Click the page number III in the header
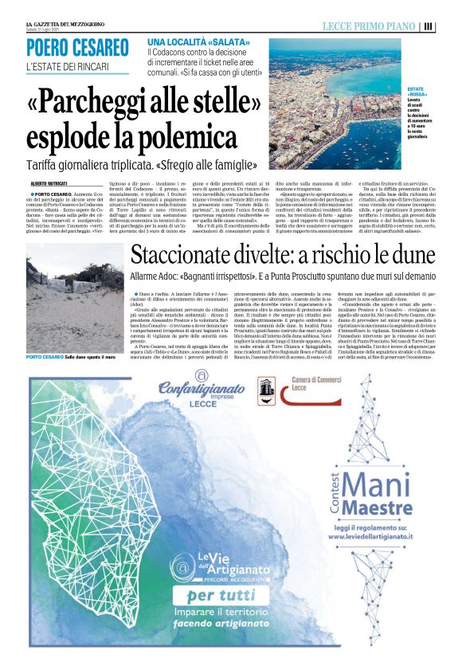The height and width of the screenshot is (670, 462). (x=429, y=26)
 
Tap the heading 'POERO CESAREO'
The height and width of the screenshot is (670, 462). (x=77, y=49)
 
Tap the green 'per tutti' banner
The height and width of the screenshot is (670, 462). (x=222, y=596)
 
